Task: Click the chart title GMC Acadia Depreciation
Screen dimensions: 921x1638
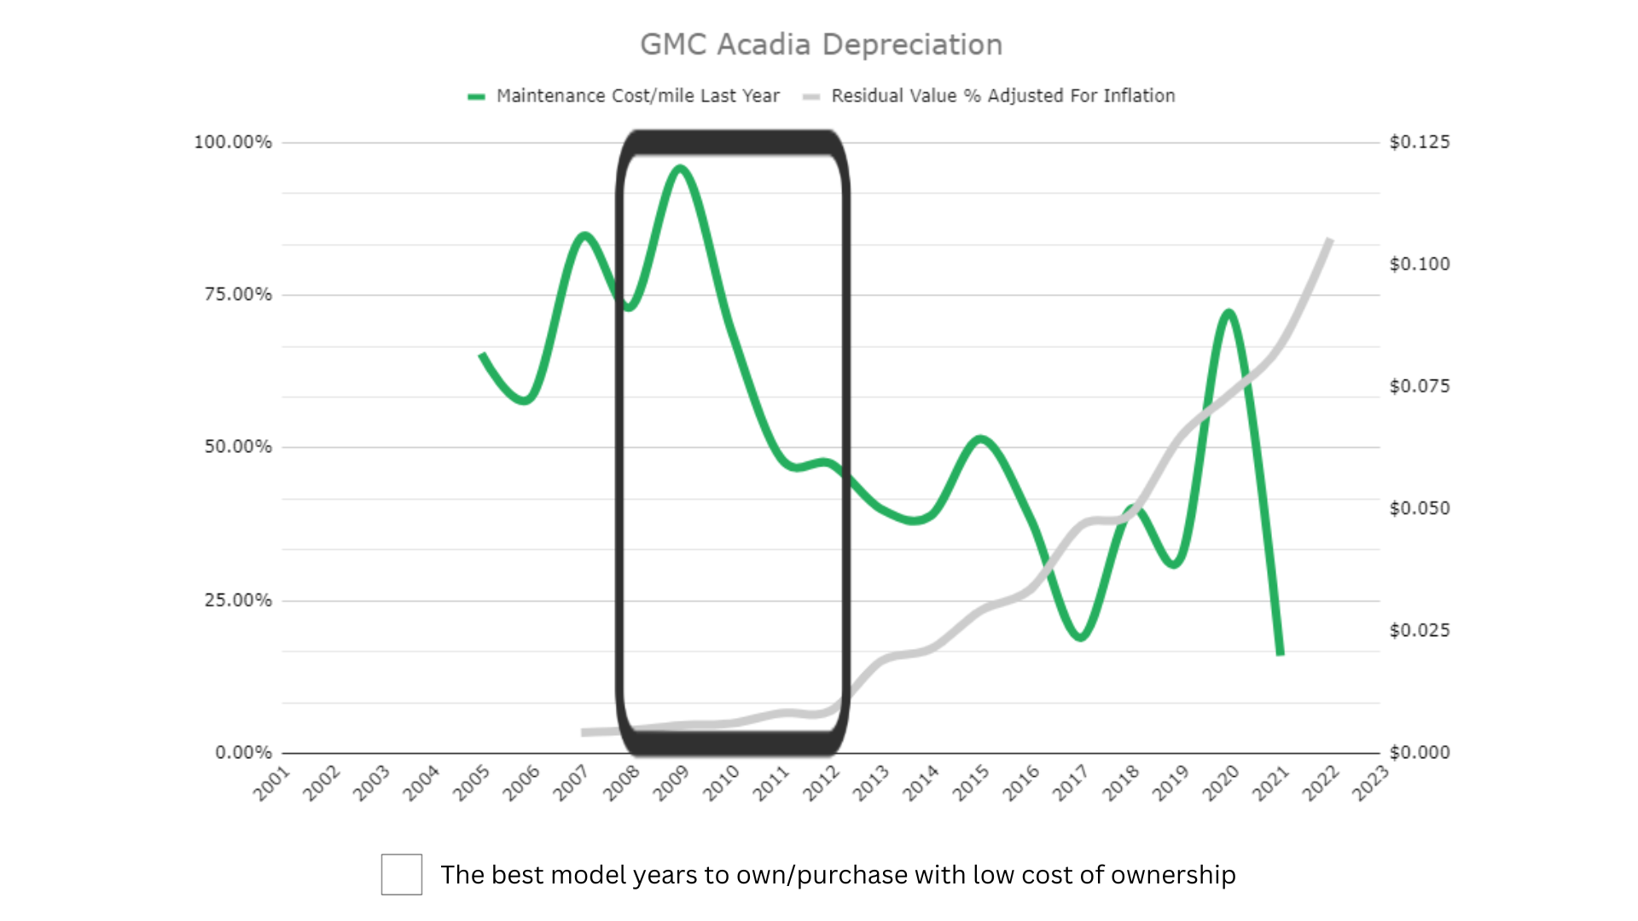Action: pos(821,45)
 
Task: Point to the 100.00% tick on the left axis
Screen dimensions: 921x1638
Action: pos(233,142)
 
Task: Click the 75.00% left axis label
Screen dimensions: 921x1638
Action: pos(238,295)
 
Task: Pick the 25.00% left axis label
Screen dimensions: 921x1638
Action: pos(238,600)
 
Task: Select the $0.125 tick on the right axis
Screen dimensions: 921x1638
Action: pos(1420,142)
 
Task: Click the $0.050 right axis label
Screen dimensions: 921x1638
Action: pos(1420,508)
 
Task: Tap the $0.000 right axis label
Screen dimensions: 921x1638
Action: pos(1420,752)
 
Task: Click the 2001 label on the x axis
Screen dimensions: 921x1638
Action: pos(272,783)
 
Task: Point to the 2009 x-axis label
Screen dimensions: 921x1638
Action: pos(671,783)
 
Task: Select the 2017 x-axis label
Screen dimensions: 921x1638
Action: pos(1071,783)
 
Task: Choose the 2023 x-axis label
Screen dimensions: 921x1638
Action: pos(1370,783)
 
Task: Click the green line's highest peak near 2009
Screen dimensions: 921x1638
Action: pos(680,168)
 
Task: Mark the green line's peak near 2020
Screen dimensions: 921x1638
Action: pos(1228,313)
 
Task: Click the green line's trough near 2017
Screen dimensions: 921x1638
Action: pos(1081,636)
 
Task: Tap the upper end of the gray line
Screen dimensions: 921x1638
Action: pos(1329,240)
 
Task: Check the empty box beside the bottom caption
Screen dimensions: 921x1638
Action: pos(402,874)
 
